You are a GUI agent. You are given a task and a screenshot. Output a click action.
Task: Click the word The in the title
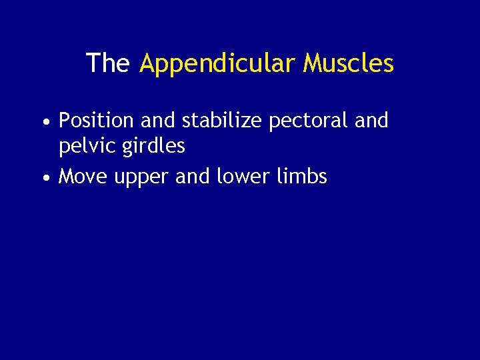tap(107, 63)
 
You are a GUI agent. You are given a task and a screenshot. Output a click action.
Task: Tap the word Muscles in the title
tap(348, 63)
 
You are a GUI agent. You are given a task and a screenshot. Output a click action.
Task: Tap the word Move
tap(84, 177)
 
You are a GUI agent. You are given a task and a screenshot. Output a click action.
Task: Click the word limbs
tap(302, 177)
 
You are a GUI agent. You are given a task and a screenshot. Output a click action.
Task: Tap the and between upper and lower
tap(193, 177)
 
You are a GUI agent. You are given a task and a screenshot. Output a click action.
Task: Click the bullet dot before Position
tap(44, 123)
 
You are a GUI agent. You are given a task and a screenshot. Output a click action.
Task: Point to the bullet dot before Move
tap(44, 179)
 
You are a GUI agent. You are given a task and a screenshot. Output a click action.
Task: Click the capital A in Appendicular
tap(148, 63)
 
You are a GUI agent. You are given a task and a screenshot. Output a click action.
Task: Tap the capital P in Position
tap(65, 121)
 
